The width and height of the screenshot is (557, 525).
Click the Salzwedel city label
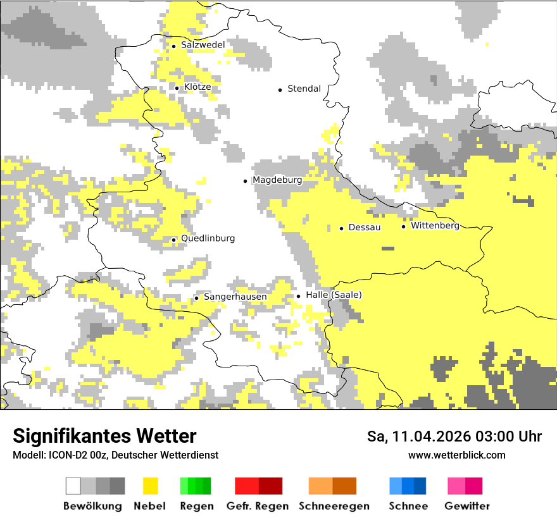point(203,45)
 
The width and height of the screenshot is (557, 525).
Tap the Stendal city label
point(304,89)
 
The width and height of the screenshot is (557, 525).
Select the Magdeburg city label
point(277,180)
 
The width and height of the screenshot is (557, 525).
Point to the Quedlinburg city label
point(208,238)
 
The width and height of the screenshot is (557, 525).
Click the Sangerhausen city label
point(235,297)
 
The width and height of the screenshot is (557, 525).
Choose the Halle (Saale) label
point(334,295)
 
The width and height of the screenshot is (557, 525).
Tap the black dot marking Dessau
point(342,228)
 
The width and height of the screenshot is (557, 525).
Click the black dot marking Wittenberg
point(404,226)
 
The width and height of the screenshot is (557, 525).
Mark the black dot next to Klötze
point(177,88)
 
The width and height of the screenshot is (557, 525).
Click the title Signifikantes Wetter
point(104,436)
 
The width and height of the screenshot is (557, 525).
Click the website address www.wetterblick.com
point(456,455)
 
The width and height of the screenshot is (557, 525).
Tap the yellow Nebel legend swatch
point(151,486)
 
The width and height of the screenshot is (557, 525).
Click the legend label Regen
point(197,506)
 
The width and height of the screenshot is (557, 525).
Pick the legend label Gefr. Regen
point(258,506)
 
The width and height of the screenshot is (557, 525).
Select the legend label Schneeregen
point(334,506)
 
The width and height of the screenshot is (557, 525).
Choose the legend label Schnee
point(408,506)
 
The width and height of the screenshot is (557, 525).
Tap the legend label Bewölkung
point(92,506)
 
